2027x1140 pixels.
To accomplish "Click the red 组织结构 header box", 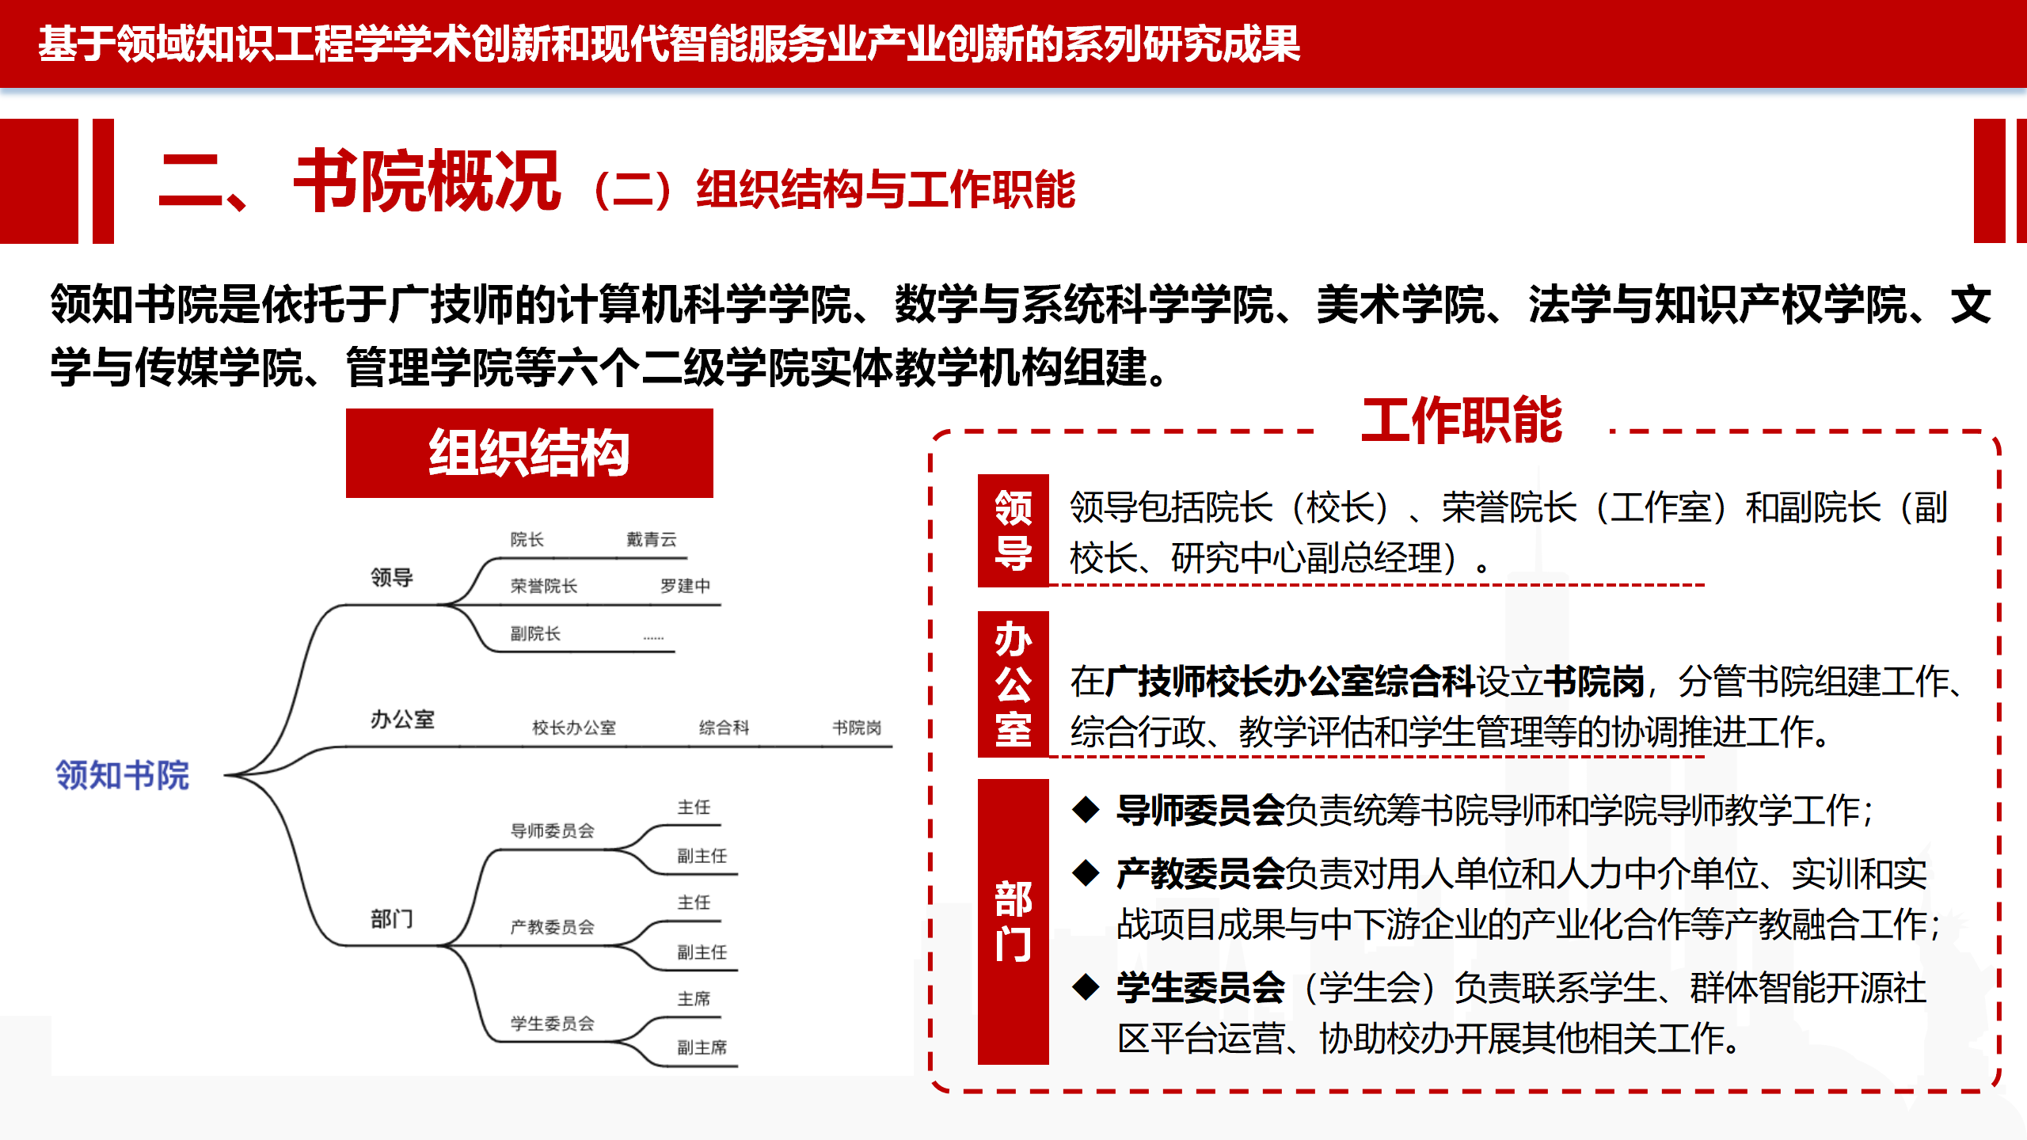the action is pos(529,453).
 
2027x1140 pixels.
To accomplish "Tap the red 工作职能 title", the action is pos(1462,420).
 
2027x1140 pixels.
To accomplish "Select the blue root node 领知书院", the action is pos(122,775).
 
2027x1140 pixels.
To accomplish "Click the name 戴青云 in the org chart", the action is pos(652,540).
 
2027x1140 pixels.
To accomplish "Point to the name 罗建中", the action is pos(686,586).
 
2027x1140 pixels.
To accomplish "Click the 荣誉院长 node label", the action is pos(544,586).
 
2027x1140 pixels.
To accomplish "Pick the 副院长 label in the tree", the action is pos(535,633).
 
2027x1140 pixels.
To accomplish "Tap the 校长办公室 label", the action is pos(574,728).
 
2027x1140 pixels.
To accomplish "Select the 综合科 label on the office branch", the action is pos(724,728).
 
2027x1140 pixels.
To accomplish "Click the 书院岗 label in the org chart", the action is pos(857,728).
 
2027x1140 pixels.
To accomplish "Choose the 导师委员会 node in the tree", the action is pos(552,830).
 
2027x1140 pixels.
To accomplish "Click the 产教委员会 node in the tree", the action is pos(552,927).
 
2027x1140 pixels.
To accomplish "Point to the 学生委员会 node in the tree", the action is pos(552,1024).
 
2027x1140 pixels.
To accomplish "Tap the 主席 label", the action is pos(694,999).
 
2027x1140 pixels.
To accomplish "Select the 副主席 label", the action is pos(702,1047).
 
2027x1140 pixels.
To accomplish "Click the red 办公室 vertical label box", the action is pos(1013,685).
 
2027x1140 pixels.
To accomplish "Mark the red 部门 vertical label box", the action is pos(1013,921).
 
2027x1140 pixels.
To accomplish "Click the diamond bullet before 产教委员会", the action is pos(1086,873).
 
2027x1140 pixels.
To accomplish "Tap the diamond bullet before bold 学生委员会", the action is pos(1086,986).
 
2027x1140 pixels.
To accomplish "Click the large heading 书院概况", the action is pos(428,181).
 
